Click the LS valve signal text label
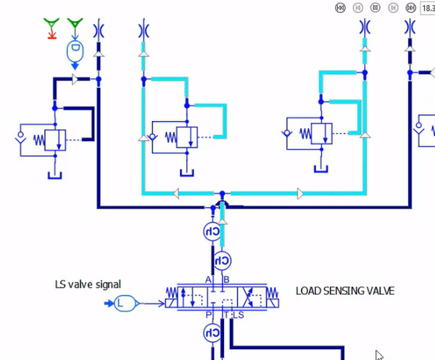(88, 285)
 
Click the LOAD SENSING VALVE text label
(345, 291)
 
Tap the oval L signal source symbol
(125, 304)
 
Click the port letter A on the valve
(208, 280)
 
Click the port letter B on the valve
(226, 280)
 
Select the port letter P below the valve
(209, 315)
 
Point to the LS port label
(239, 315)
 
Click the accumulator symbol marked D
(75, 51)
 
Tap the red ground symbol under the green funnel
(52, 35)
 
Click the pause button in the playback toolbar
(376, 7)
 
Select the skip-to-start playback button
(341, 8)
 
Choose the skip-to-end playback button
(411, 8)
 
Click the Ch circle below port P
(212, 333)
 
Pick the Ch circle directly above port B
(223, 261)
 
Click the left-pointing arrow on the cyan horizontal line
(176, 193)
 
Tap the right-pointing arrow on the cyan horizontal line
(300, 193)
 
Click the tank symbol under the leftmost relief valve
(55, 175)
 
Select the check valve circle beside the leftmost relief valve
(20, 135)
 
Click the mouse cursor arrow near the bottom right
(379, 355)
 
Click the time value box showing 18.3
(428, 8)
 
